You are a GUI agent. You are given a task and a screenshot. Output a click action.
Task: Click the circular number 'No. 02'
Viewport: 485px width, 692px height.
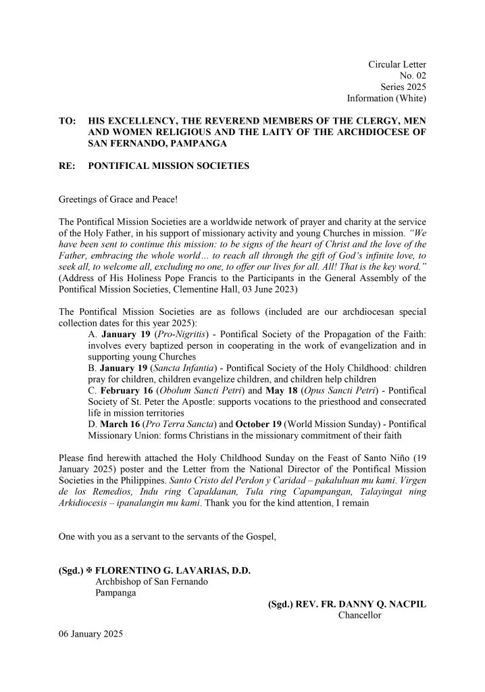412,76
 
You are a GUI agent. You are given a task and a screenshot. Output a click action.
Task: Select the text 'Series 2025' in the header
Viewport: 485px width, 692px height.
403,87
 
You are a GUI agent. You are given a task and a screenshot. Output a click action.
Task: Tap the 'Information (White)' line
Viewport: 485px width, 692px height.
386,99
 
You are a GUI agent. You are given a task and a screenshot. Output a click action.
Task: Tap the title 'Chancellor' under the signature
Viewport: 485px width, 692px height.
359,616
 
